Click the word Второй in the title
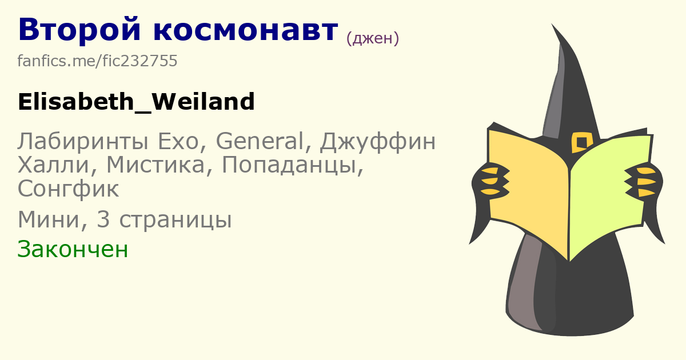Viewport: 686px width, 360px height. tap(79, 30)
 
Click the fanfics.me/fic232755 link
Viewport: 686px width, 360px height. tap(97, 61)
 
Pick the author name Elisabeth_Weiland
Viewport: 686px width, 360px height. tap(136, 102)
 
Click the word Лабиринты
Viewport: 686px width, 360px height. tap(83, 142)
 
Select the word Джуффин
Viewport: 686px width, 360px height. tap(378, 142)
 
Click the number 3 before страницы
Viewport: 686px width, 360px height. tap(103, 219)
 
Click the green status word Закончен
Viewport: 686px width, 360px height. tap(73, 249)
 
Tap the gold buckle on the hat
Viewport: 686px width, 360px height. tap(581, 142)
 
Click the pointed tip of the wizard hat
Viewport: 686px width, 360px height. tap(552, 23)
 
